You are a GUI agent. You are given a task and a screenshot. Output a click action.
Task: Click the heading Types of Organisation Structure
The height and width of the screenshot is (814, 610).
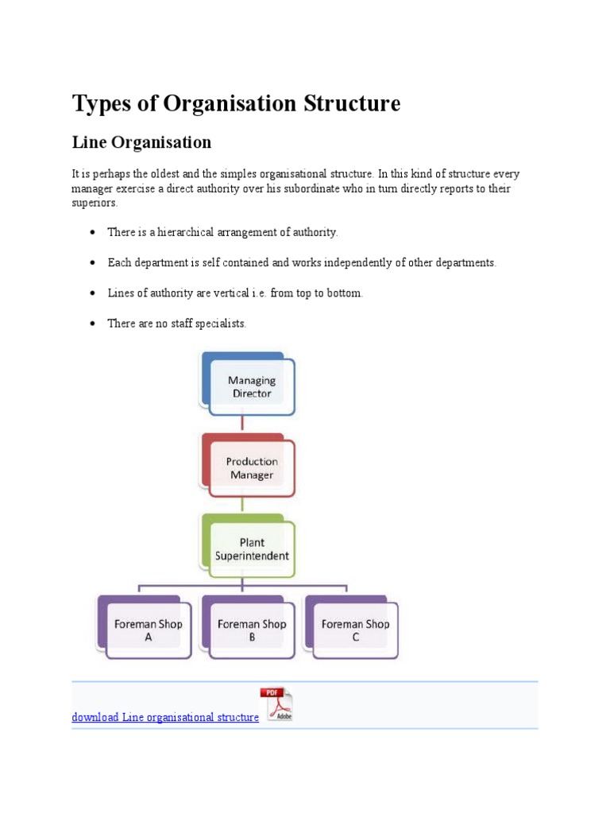coord(236,103)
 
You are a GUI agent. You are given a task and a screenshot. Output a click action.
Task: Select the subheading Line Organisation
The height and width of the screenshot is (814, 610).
coord(141,142)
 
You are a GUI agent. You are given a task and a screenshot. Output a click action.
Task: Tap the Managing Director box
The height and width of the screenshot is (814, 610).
coord(251,386)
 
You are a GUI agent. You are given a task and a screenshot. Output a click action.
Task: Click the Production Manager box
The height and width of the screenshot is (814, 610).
coord(251,468)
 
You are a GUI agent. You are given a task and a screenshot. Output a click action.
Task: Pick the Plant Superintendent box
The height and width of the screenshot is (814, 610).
coord(252,549)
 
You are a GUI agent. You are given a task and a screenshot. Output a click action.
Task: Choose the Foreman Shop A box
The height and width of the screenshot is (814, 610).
coord(148,630)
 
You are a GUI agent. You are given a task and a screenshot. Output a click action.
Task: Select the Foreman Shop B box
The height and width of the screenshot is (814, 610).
coord(252,630)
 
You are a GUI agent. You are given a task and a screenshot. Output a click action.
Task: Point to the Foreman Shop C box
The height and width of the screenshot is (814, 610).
coord(355,630)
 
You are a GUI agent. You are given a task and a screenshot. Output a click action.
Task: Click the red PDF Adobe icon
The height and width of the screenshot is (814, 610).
coord(276,704)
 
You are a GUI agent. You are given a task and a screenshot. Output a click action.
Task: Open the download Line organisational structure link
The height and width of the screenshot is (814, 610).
coord(165,717)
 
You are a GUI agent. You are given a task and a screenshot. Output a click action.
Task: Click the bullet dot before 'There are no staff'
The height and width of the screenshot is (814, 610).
coord(92,324)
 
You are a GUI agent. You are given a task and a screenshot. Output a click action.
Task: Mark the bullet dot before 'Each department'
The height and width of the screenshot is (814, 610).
coord(92,263)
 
